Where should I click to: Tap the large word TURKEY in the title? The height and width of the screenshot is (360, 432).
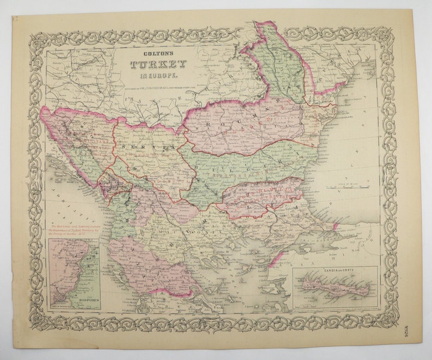(x=157, y=65)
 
